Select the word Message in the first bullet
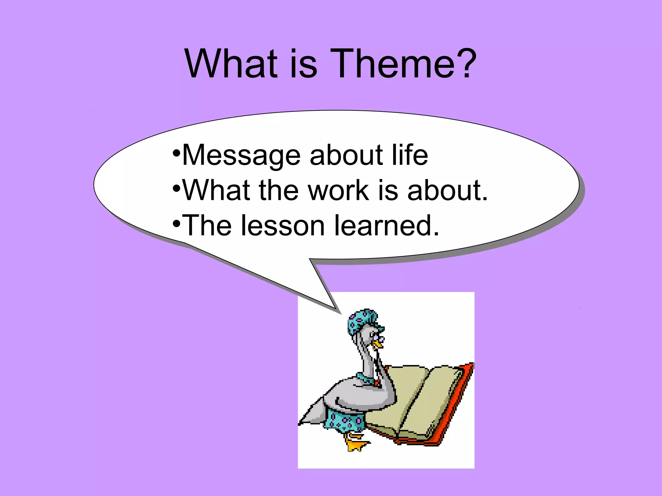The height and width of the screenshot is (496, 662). click(x=241, y=156)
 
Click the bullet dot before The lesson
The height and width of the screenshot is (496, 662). click(x=176, y=223)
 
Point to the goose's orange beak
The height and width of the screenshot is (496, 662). click(x=377, y=345)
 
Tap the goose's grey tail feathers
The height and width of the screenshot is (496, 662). click(x=312, y=413)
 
